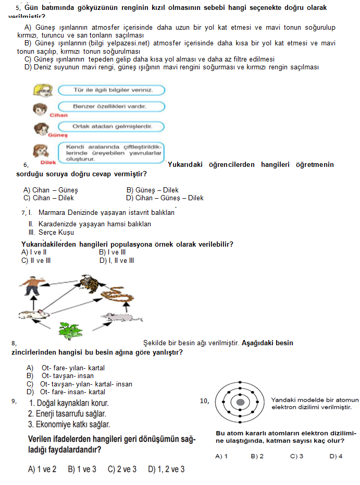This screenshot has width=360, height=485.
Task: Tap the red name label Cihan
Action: point(58,115)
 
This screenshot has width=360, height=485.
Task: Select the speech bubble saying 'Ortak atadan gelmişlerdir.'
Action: point(111,126)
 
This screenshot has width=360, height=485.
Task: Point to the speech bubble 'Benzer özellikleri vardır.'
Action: point(111,107)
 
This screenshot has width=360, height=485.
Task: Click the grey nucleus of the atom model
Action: point(240,403)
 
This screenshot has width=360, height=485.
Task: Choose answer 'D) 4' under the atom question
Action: point(336,456)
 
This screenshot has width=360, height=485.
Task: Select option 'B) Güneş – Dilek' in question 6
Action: point(152,190)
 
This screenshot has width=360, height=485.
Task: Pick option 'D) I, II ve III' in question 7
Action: point(117,260)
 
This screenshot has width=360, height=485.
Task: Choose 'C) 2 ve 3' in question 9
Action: point(122,469)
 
